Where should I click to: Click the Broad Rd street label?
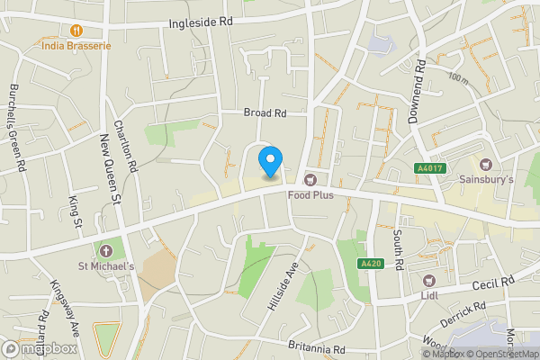coord(265,113)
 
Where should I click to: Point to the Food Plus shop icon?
coord(310,179)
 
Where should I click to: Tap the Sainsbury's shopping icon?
coord(487,165)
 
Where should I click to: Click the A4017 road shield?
coord(429,167)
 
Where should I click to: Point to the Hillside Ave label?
coord(281,288)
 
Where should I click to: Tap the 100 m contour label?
coord(458,79)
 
